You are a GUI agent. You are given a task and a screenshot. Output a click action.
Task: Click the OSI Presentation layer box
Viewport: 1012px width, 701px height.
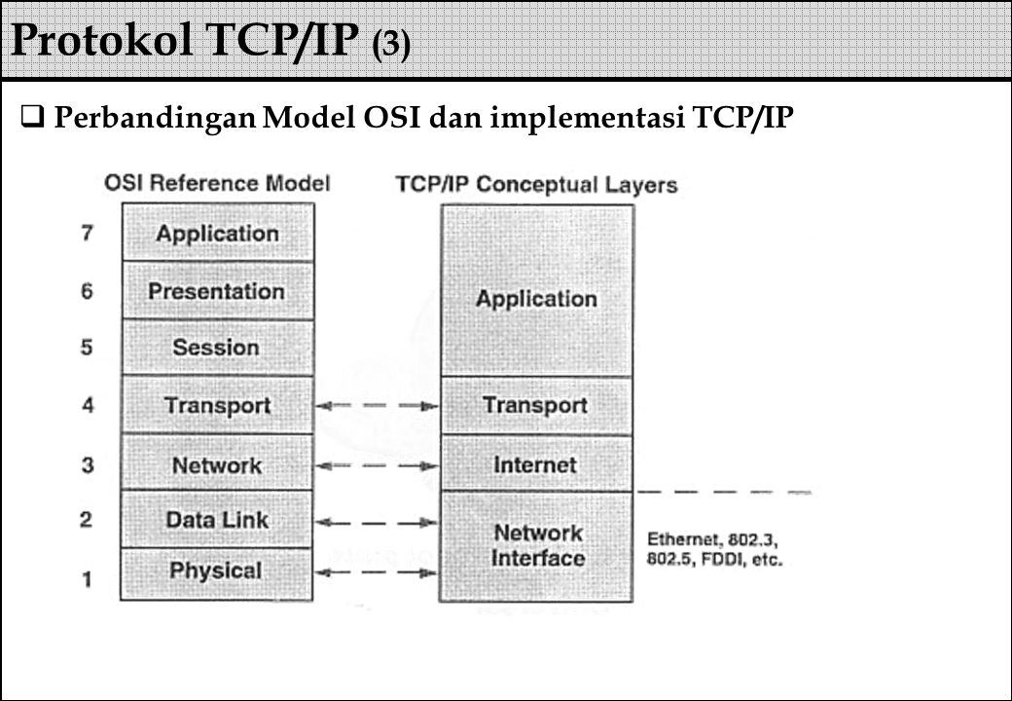tap(217, 290)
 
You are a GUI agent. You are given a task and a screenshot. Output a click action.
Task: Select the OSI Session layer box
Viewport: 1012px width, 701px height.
tap(217, 348)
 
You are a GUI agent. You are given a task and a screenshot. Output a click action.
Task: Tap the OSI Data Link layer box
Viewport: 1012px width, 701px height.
tap(217, 519)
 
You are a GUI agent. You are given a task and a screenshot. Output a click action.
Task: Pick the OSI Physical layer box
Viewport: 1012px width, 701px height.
tap(217, 571)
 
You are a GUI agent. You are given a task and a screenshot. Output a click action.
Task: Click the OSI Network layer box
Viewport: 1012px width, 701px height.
tap(217, 464)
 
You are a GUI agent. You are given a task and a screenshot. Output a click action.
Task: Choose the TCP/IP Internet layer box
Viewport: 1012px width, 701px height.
tap(536, 464)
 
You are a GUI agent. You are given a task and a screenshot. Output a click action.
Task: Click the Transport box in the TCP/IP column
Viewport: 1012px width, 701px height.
tap(536, 406)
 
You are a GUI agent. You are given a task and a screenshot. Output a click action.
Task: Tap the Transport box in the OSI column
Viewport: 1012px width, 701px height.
tap(217, 406)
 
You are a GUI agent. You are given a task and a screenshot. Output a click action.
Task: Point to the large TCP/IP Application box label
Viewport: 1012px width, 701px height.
tap(536, 299)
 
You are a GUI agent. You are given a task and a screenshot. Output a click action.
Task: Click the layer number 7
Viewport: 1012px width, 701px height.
tap(89, 234)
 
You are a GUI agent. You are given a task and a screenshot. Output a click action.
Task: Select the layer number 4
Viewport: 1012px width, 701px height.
tap(89, 406)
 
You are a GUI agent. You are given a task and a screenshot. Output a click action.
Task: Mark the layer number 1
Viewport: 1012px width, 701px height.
tap(89, 579)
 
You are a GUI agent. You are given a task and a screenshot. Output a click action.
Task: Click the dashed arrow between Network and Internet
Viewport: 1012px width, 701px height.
tap(378, 464)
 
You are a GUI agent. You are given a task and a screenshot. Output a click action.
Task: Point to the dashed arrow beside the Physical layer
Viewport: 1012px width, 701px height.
tap(378, 573)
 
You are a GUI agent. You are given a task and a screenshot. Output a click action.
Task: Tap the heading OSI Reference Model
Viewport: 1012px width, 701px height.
tap(216, 182)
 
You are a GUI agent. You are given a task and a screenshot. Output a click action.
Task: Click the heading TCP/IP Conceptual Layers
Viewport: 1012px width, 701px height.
tap(536, 184)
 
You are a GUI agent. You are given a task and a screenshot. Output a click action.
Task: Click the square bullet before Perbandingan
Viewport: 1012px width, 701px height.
tap(32, 119)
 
